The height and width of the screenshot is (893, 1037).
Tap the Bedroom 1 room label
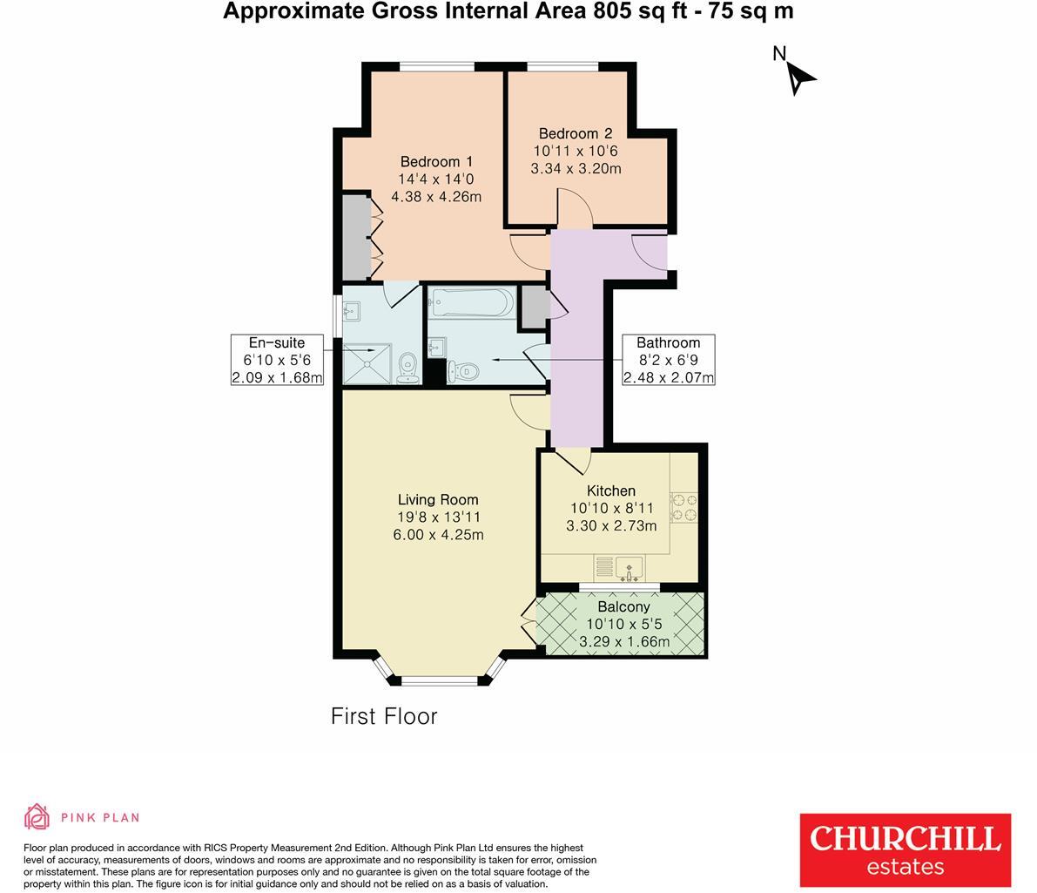pyautogui.click(x=436, y=161)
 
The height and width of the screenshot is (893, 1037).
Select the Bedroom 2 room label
pyautogui.click(x=576, y=133)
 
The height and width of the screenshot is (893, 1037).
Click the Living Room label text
pyautogui.click(x=438, y=499)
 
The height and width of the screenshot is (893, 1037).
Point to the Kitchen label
pyautogui.click(x=610, y=490)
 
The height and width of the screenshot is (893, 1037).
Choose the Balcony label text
pyautogui.click(x=623, y=606)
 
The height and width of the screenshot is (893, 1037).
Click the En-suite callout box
pyautogui.click(x=277, y=360)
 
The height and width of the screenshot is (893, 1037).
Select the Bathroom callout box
pyautogui.click(x=668, y=360)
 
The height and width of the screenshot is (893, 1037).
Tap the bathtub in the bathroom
pyautogui.click(x=469, y=303)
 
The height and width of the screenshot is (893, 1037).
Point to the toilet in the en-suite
pyautogui.click(x=407, y=369)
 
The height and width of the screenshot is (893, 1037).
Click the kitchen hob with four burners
pyautogui.click(x=683, y=507)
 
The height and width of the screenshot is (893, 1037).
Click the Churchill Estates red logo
pyautogui.click(x=905, y=849)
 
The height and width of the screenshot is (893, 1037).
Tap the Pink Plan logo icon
pyautogui.click(x=37, y=816)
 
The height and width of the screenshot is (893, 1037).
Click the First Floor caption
pyautogui.click(x=384, y=716)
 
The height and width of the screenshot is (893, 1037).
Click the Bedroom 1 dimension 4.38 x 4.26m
pyautogui.click(x=436, y=196)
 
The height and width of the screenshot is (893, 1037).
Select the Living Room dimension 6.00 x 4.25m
pyautogui.click(x=438, y=534)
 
